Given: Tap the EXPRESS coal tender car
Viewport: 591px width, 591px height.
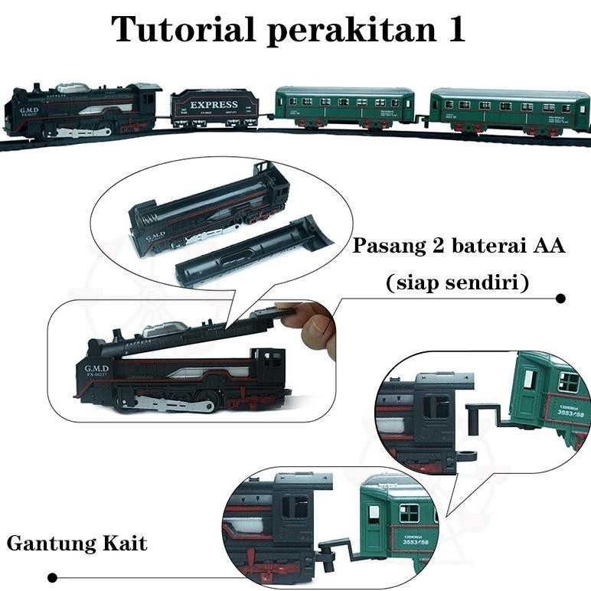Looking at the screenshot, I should click(x=214, y=109).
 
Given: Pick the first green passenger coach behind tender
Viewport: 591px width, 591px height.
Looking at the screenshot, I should click(x=344, y=106).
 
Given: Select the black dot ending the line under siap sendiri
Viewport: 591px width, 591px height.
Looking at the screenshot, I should click(x=560, y=299).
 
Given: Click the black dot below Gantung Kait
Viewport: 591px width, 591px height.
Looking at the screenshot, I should click(x=52, y=577).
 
